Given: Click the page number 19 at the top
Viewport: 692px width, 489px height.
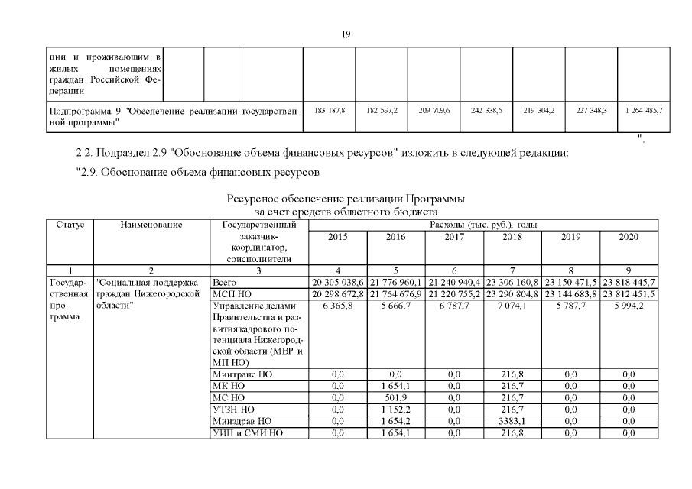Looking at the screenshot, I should [x=346, y=33].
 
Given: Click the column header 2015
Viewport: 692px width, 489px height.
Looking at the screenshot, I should [x=337, y=237].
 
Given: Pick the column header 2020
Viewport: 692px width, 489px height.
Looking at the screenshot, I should [x=629, y=237].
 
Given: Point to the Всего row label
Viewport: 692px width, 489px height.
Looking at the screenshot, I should [x=223, y=282].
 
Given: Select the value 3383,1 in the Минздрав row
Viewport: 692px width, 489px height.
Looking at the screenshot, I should [x=512, y=421].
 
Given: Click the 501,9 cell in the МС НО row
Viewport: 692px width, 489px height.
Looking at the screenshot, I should [x=395, y=398].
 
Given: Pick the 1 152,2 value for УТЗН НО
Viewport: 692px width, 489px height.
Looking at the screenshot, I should [x=395, y=410].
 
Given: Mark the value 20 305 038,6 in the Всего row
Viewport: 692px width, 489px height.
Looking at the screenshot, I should [x=337, y=282].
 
